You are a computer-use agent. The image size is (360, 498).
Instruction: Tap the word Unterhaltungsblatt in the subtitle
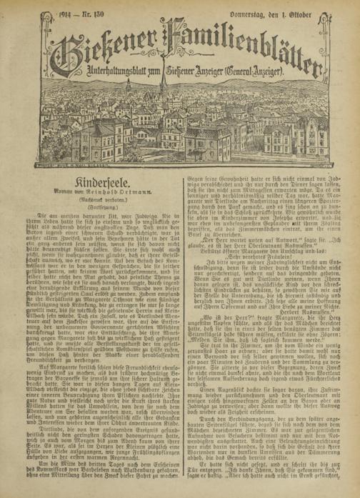121,72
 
